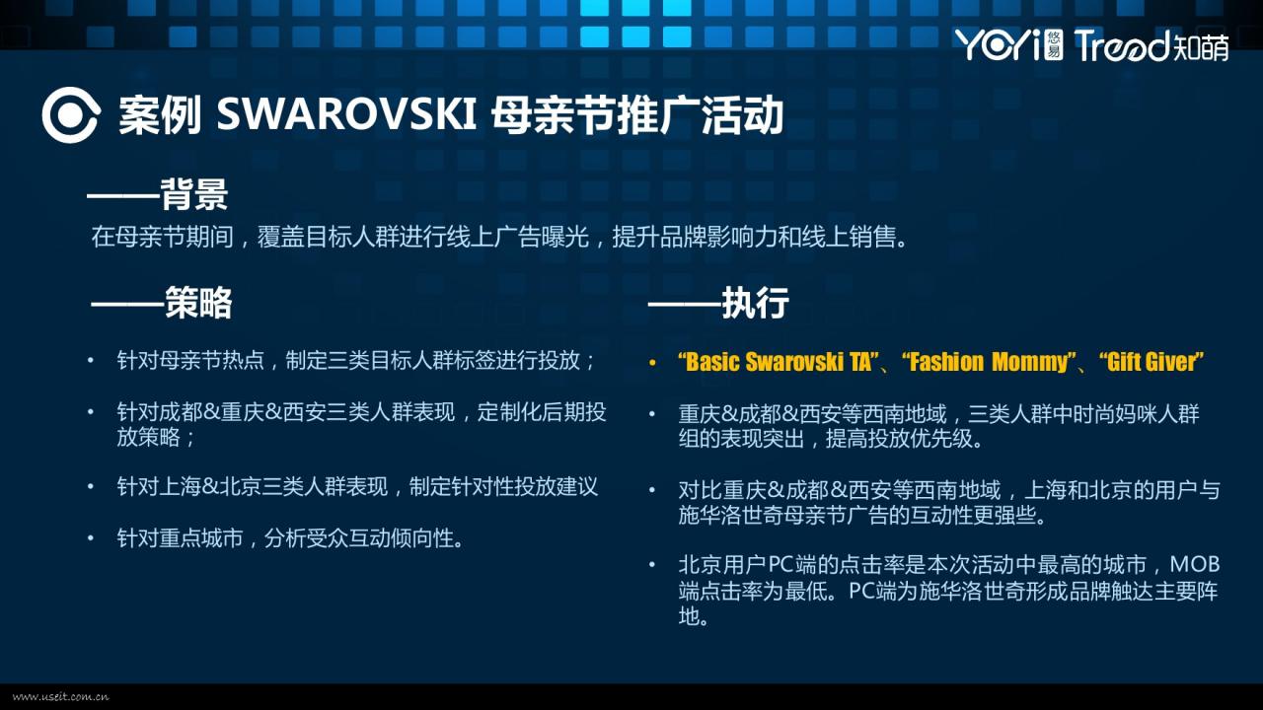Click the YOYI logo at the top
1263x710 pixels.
tap(1008, 45)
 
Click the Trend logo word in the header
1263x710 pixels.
tap(1123, 45)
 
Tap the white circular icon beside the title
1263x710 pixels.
tap(71, 115)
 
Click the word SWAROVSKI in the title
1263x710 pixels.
tap(346, 114)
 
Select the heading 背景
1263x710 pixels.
tap(194, 194)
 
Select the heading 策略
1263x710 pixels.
tap(198, 303)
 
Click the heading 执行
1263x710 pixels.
tap(755, 303)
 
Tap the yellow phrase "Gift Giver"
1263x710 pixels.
tap(1152, 362)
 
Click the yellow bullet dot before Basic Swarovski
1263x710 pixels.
tap(652, 363)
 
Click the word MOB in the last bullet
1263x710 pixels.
tap(1195, 565)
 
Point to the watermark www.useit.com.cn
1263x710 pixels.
tap(60, 697)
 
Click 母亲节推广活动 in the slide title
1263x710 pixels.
tap(637, 115)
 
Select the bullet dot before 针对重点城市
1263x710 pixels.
tap(90, 538)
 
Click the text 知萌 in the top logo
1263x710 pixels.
tap(1201, 46)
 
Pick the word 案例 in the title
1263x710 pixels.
tap(160, 115)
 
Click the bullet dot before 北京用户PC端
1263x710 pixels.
tap(652, 565)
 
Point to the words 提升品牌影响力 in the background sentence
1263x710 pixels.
tap(694, 237)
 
